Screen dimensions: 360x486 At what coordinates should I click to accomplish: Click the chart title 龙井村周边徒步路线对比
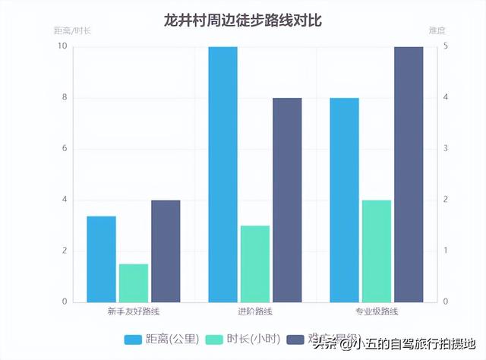[243, 21]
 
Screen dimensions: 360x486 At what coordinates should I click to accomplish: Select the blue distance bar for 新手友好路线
[101, 259]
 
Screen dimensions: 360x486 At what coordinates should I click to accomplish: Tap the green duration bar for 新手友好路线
[134, 283]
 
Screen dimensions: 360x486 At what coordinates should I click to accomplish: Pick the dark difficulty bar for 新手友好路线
[166, 251]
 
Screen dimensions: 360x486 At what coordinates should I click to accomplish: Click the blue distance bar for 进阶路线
[223, 174]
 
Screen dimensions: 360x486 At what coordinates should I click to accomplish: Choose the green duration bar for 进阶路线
[255, 264]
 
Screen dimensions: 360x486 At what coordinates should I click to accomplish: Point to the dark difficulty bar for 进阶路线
[287, 200]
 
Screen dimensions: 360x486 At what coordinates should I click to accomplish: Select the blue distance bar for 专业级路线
[344, 200]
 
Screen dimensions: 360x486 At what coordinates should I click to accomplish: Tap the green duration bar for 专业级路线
[376, 251]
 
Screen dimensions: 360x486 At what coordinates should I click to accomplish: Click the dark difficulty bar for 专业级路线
[409, 174]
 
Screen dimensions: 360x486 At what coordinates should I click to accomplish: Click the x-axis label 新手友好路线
[134, 311]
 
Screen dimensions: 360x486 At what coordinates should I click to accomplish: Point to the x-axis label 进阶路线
[255, 311]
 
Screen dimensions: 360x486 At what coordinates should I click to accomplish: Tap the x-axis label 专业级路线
[376, 311]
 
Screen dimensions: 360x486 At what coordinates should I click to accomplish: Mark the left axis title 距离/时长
[72, 31]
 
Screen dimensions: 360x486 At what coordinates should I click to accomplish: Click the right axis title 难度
[437, 31]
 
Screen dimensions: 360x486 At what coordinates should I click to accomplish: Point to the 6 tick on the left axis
[64, 149]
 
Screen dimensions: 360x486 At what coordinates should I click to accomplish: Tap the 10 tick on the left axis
[62, 47]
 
